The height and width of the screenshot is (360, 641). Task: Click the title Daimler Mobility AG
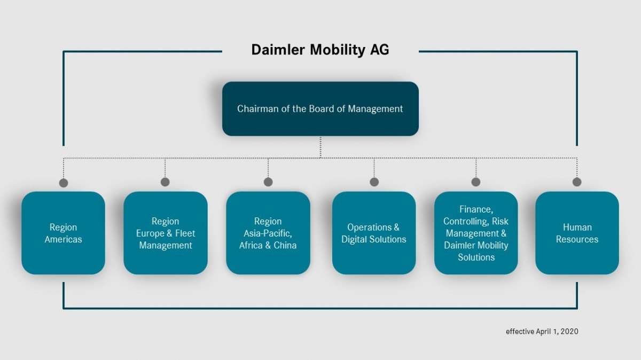[x=320, y=50]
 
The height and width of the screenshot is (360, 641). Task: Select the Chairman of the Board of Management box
[x=320, y=109]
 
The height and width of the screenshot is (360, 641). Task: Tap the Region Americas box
[x=63, y=233]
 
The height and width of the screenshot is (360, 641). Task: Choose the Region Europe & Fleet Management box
[x=165, y=233]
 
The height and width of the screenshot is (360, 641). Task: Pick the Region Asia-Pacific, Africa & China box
[x=268, y=233]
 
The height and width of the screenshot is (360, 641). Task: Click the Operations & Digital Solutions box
[x=373, y=233]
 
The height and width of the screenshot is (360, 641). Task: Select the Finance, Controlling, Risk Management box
[x=475, y=233]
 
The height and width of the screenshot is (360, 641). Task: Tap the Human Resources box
[x=577, y=233]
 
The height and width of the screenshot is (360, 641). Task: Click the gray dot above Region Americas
[x=64, y=183]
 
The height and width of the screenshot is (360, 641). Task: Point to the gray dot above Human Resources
[x=577, y=182]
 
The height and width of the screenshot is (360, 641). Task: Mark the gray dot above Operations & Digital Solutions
[x=374, y=182]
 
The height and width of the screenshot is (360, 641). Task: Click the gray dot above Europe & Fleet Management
[x=165, y=182]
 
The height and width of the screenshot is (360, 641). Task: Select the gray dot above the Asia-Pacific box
[x=268, y=182]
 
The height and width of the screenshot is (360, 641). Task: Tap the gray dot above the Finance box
[x=476, y=182]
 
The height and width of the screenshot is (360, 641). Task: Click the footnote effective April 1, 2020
[x=542, y=332]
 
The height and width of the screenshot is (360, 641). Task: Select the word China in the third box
[x=284, y=245]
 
